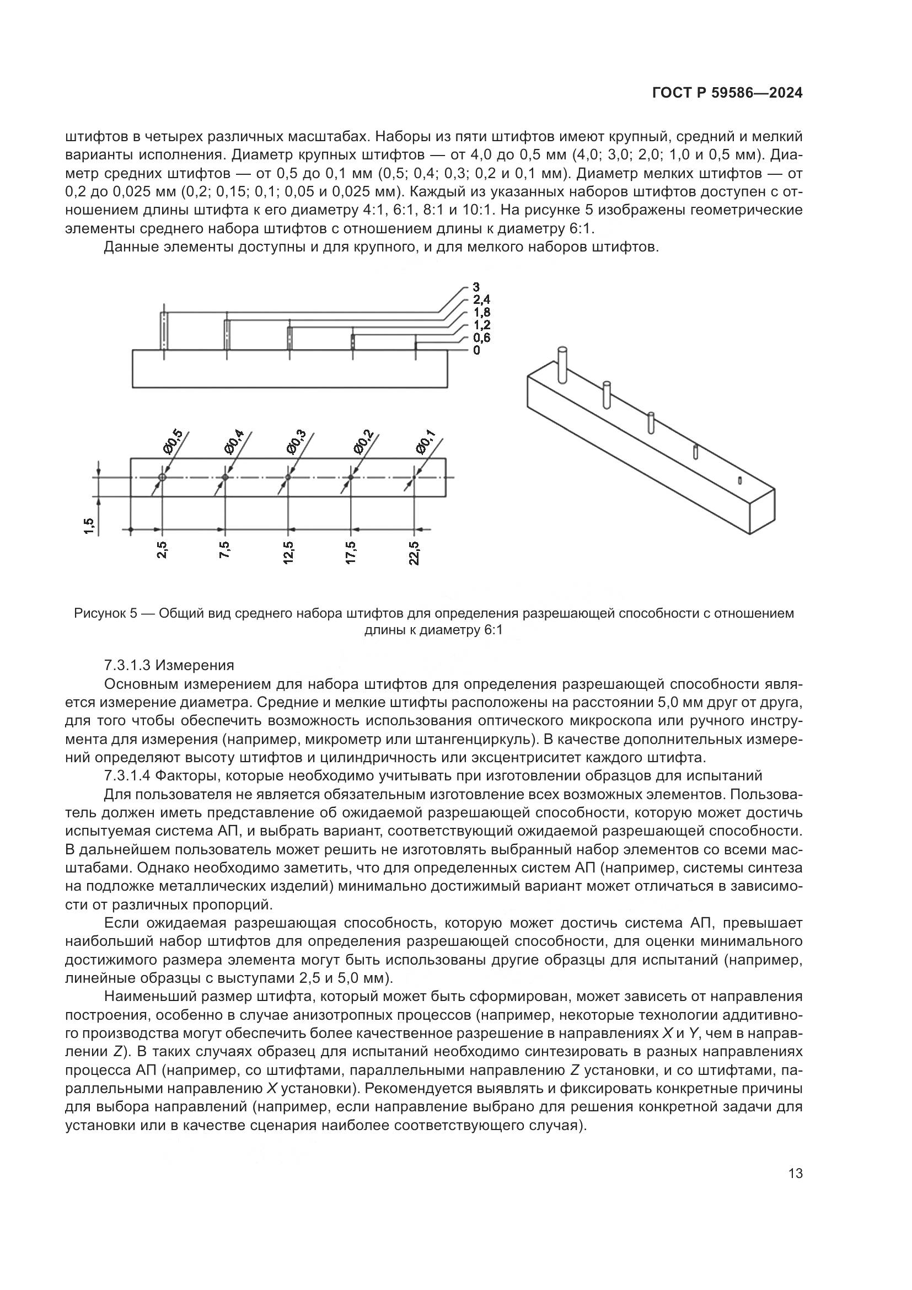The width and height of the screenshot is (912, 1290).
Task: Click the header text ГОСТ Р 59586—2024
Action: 727,93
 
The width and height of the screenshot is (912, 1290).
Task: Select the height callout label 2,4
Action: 481,301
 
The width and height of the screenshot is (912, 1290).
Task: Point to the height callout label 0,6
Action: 481,338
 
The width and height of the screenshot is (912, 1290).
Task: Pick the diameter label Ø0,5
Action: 173,442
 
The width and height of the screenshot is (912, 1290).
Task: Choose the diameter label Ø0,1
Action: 425,442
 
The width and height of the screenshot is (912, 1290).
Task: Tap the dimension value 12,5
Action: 288,553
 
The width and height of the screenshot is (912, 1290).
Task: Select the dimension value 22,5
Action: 415,553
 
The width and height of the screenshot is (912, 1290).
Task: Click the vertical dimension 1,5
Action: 89,526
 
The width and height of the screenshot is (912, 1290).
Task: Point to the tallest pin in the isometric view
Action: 561,365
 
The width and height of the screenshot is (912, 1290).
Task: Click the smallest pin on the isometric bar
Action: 740,480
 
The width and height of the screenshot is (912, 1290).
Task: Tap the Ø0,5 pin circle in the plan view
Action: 162,477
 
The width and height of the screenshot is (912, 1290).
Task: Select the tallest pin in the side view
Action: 163,331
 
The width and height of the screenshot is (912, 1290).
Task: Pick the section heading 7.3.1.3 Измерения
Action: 169,666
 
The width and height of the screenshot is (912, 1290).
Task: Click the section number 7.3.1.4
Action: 127,776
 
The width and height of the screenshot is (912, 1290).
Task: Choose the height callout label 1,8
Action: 481,313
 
